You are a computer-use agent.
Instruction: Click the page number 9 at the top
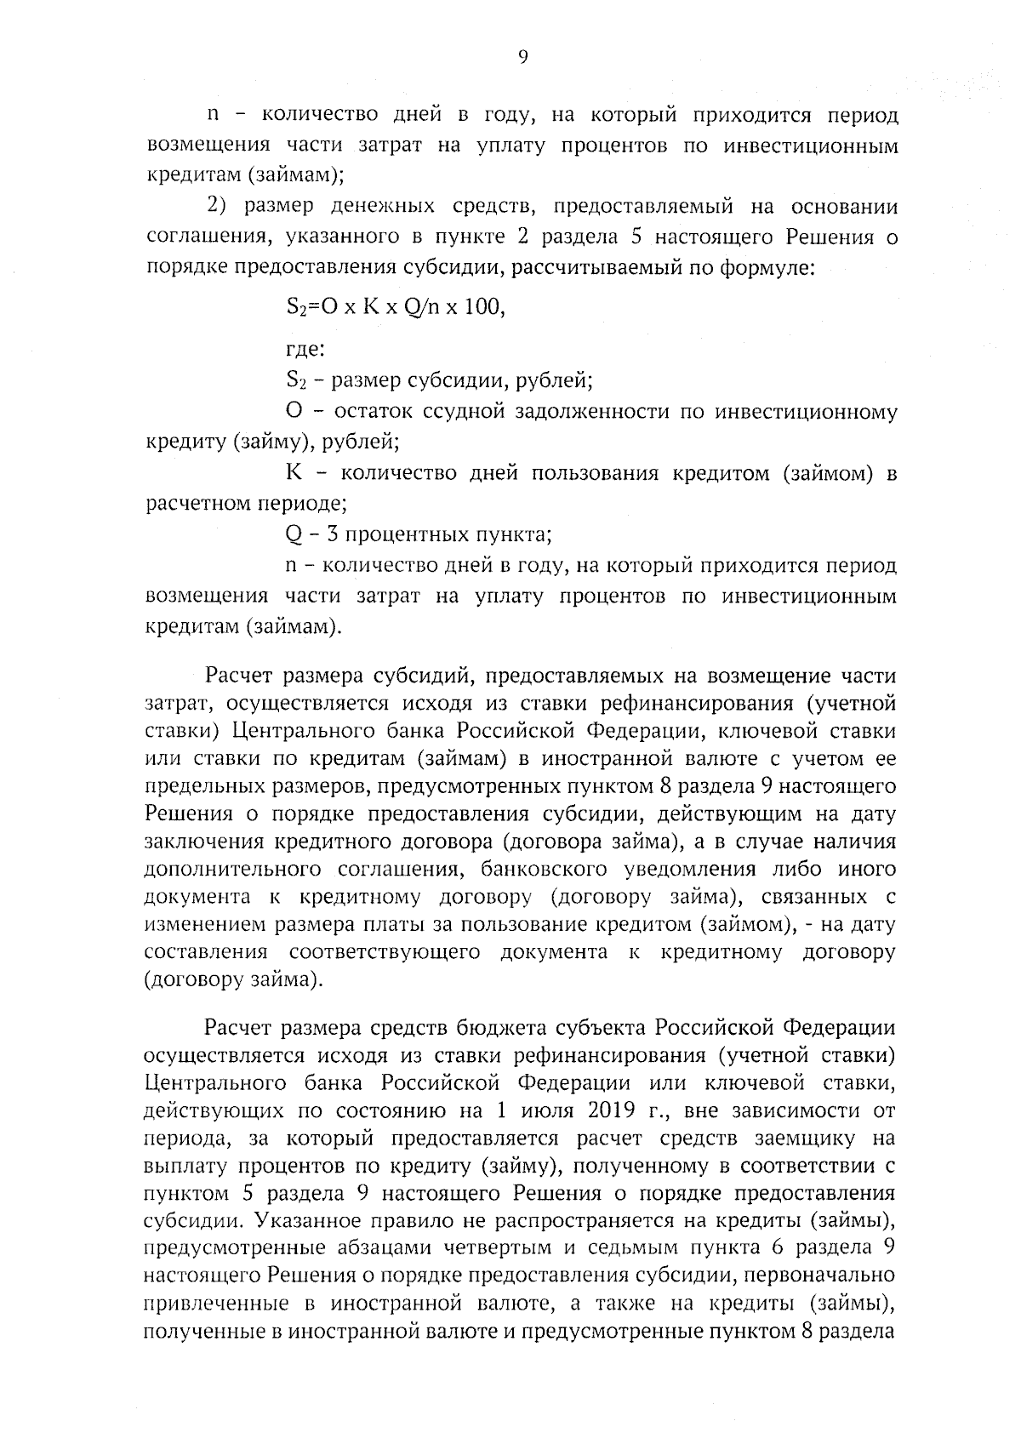[x=522, y=56]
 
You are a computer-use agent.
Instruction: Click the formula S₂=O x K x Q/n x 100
[x=396, y=307]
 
